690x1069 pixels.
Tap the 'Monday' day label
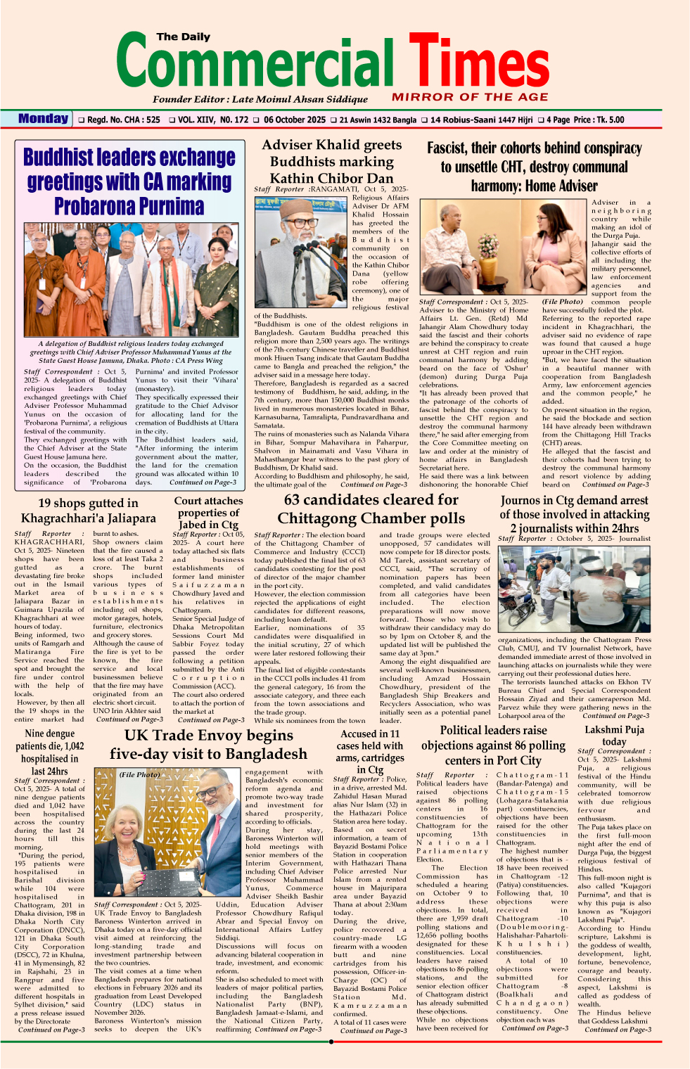click(x=43, y=119)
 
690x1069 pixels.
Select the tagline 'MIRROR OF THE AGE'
click(x=470, y=97)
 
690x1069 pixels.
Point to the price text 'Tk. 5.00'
click(x=608, y=120)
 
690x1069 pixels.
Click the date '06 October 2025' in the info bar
click(x=295, y=120)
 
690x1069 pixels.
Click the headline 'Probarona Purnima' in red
click(x=129, y=206)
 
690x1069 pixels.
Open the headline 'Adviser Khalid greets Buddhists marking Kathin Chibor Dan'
click(x=331, y=161)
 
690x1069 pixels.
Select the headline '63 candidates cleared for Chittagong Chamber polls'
click(x=371, y=508)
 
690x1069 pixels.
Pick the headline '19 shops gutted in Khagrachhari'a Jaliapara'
click(x=88, y=510)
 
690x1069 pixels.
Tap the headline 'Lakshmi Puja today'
click(x=614, y=736)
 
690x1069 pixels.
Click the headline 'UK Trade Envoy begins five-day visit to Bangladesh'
click(x=208, y=744)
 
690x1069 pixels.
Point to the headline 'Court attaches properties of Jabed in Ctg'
click(x=209, y=513)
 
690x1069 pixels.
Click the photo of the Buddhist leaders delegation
click(x=129, y=279)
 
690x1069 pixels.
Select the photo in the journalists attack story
click(x=575, y=589)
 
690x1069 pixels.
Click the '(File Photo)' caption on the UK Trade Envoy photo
click(x=139, y=774)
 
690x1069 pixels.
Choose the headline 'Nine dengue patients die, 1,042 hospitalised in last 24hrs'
click(x=49, y=752)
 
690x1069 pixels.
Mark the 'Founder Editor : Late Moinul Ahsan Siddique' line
click(x=260, y=99)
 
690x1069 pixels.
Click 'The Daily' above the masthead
click(x=184, y=37)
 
